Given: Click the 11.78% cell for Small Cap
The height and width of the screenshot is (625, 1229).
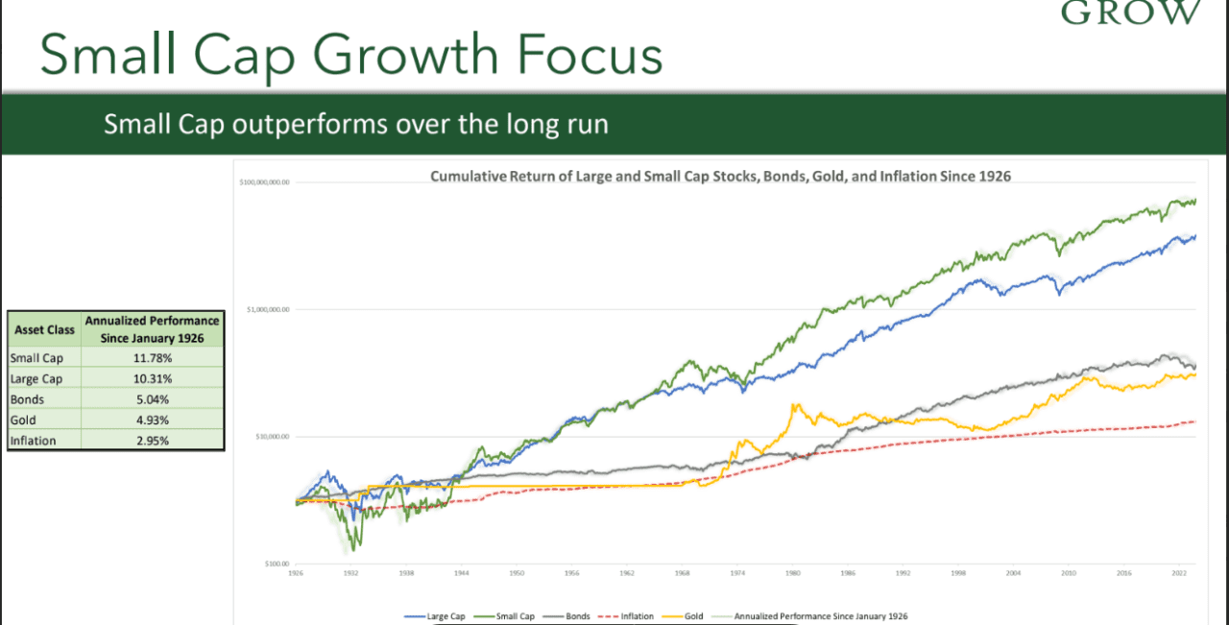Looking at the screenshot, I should [x=153, y=358].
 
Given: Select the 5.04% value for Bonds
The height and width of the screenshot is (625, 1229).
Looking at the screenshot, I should [x=153, y=399].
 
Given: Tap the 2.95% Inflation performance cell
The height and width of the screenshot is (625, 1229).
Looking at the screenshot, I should [x=153, y=441].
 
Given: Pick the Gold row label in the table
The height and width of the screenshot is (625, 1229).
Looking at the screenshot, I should [x=23, y=421].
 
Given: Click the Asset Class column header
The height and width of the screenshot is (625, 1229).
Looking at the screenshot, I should [x=44, y=329].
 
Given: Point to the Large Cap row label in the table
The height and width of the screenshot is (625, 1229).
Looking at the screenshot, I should [x=36, y=379].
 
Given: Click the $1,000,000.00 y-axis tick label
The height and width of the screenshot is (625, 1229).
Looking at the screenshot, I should [x=264, y=309].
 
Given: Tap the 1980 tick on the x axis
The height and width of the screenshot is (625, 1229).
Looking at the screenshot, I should [x=792, y=573].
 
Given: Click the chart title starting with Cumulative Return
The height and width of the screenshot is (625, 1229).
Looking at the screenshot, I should [x=720, y=178].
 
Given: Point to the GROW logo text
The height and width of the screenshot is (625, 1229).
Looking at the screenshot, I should [x=1130, y=12].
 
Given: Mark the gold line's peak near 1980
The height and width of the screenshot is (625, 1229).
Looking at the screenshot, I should [x=795, y=405].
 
